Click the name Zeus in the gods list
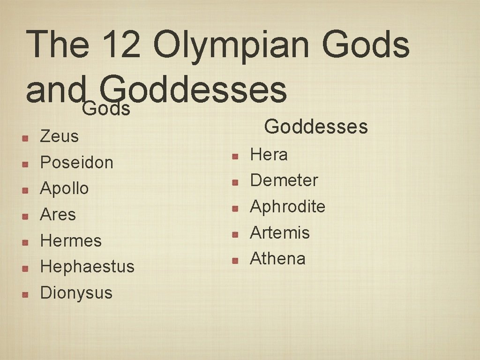pyautogui.click(x=59, y=136)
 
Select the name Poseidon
pyautogui.click(x=77, y=163)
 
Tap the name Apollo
pyautogui.click(x=64, y=188)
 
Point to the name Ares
pyautogui.click(x=58, y=215)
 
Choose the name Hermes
pyautogui.click(x=71, y=241)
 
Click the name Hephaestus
pyautogui.click(x=87, y=267)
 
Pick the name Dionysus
pyautogui.click(x=76, y=293)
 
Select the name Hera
pyautogui.click(x=269, y=155)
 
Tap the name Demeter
pyautogui.click(x=284, y=180)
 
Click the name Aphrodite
pyautogui.click(x=287, y=207)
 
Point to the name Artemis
pyautogui.click(x=280, y=232)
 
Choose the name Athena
pyautogui.click(x=277, y=258)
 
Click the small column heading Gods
pyautogui.click(x=106, y=109)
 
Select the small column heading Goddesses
pyautogui.click(x=316, y=127)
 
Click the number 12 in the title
pyautogui.click(x=121, y=45)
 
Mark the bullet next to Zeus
pyautogui.click(x=26, y=137)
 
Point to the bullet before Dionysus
pyautogui.click(x=26, y=294)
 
